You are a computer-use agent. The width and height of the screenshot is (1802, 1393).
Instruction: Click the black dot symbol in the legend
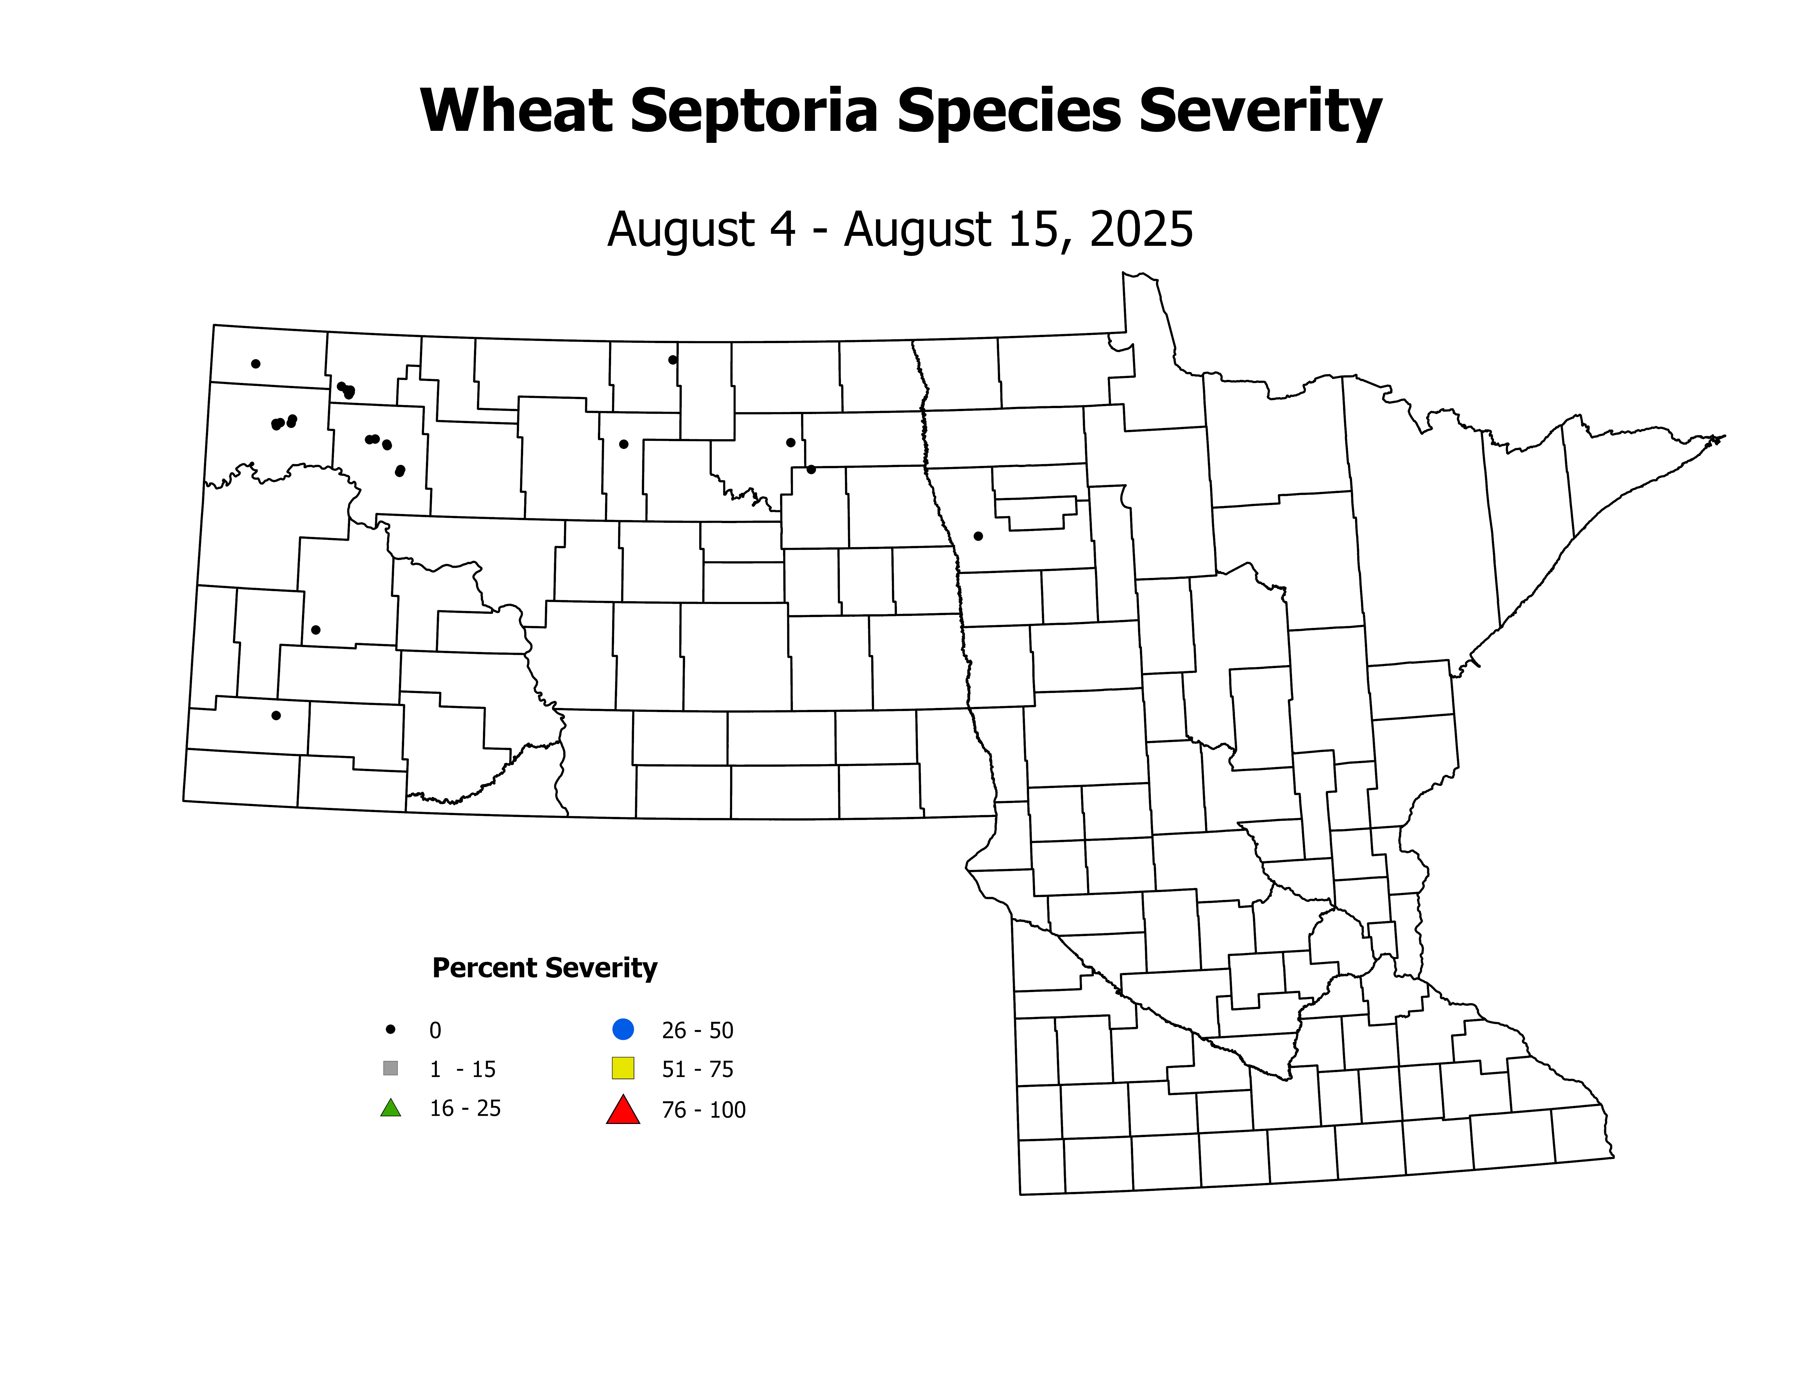tap(391, 1029)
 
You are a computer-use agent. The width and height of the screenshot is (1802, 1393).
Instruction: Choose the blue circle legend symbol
tap(623, 1029)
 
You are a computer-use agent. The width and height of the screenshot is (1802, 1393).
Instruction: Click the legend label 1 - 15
tap(462, 1070)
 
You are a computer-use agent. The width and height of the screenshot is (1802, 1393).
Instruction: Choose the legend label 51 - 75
tap(697, 1070)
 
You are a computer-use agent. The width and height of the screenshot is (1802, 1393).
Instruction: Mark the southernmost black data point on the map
tap(276, 715)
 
